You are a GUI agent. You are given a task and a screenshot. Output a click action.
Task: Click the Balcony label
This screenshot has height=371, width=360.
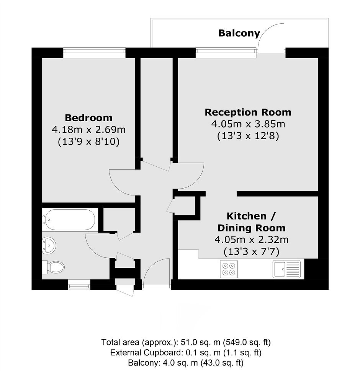[239, 33]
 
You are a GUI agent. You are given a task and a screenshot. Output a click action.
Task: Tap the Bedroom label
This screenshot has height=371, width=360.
[88, 117]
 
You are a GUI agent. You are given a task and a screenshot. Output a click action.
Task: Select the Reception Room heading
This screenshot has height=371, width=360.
[248, 112]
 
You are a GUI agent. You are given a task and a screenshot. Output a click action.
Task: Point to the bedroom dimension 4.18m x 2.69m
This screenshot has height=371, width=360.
[88, 130]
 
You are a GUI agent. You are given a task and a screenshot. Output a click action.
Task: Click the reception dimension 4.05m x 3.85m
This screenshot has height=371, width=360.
[248, 124]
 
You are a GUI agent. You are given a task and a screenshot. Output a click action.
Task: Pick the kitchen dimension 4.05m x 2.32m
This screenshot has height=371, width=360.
[252, 240]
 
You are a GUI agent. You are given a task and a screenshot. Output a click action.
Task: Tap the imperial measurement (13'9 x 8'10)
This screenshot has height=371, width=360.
[88, 142]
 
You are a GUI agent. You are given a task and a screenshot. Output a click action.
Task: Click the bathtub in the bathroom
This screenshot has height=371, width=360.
[69, 220]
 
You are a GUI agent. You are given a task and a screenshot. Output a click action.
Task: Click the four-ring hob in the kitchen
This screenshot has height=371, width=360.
[229, 269]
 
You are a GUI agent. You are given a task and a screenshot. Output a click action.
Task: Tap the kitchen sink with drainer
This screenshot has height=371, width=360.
[286, 269]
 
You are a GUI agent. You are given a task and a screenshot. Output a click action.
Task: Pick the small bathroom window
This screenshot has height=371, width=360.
[79, 286]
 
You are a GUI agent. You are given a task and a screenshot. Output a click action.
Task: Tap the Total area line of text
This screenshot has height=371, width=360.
[186, 342]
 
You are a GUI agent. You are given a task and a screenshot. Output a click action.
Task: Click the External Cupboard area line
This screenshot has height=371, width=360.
[186, 353]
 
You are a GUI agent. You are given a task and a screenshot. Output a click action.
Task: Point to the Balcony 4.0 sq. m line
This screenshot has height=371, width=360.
[186, 363]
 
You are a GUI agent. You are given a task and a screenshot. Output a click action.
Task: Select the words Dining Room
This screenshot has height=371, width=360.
[252, 228]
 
